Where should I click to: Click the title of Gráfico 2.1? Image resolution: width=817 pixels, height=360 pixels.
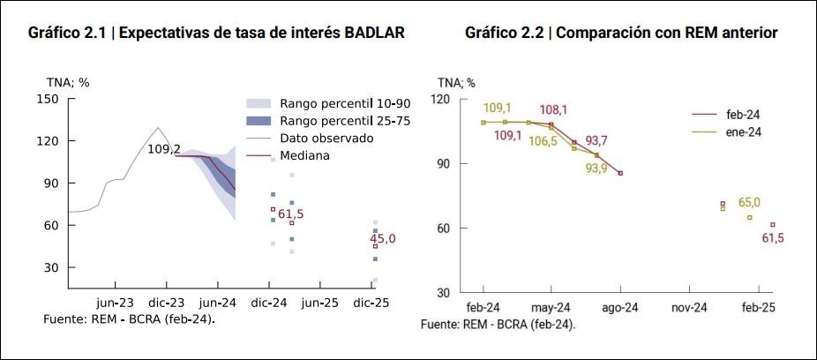pos(216,34)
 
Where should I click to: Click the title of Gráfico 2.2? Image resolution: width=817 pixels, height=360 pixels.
pos(620,34)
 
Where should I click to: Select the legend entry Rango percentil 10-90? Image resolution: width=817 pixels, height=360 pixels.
pos(332,103)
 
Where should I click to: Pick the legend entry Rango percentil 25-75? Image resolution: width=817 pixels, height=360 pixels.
pos(332,121)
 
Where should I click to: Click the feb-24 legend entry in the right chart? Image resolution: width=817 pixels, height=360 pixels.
pos(743,114)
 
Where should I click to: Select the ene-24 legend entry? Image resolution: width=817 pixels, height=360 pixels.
pos(743,131)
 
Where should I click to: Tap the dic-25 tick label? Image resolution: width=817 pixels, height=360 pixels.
pos(371,302)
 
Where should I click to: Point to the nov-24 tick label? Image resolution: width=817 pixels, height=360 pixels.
pos(689,307)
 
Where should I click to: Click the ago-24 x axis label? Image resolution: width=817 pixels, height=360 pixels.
pos(620,307)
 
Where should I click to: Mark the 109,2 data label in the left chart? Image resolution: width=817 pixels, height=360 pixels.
pos(164,149)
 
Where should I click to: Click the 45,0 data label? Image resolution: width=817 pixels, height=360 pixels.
pos(382,238)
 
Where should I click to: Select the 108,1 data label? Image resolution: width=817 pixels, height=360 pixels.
pos(553,109)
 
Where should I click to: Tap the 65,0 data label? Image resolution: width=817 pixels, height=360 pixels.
pos(749,202)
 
